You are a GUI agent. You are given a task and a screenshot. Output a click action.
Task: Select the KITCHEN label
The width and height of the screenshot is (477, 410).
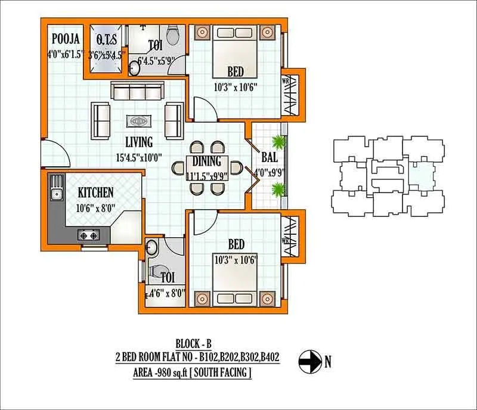pyautogui.click(x=96, y=192)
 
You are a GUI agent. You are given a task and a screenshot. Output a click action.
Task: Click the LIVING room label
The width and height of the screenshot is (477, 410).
pyautogui.click(x=138, y=142)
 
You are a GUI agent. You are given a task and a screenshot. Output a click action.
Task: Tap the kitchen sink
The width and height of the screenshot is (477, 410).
pyautogui.click(x=57, y=192)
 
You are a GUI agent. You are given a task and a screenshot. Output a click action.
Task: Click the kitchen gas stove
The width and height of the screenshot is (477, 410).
pyautogui.click(x=90, y=236)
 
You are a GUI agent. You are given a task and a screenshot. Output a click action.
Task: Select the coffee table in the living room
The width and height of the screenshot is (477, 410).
pyautogui.click(x=138, y=120)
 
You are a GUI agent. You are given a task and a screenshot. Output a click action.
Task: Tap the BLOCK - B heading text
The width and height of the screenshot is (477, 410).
pyautogui.click(x=194, y=344)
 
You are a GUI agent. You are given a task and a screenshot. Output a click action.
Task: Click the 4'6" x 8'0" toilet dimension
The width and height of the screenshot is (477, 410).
pyautogui.click(x=166, y=293)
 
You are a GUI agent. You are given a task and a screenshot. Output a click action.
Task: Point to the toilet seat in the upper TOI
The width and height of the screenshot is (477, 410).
pyautogui.click(x=172, y=35)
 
